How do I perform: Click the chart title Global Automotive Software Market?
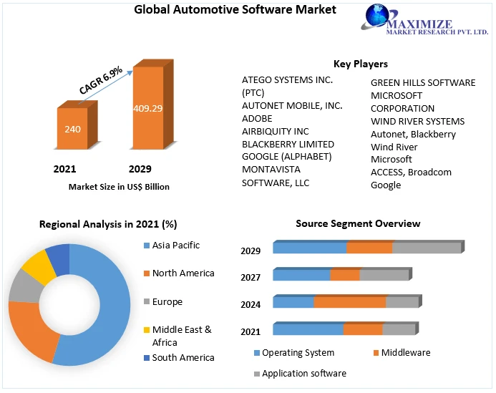coord(225,10)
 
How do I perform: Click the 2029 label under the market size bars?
coord(140,170)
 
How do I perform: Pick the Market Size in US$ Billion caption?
coord(119,187)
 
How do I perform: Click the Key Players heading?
coord(361,64)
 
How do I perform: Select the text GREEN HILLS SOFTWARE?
coord(422,83)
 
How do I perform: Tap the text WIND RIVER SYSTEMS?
coord(417,121)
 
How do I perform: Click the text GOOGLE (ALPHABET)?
coord(286,157)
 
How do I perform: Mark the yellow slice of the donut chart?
coord(38,265)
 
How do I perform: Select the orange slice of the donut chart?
coord(31,331)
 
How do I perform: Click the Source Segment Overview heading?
coord(358,224)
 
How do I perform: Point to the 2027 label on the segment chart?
coord(251,277)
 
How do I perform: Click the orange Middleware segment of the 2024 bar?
coord(349,302)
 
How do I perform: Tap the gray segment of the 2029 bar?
coord(427,248)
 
